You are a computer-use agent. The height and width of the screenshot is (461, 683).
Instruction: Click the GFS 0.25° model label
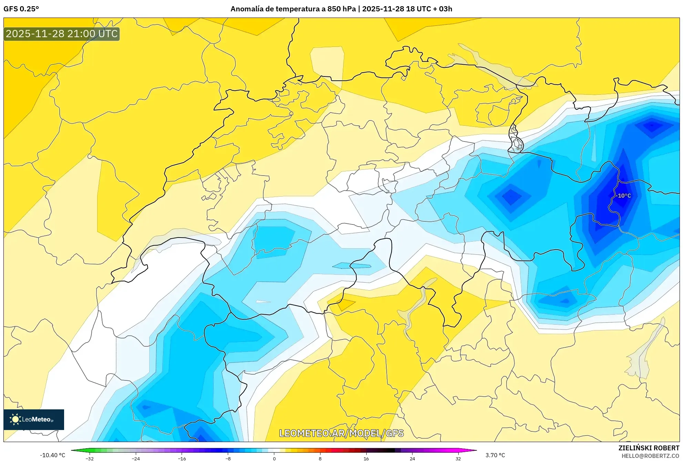pyautogui.click(x=21, y=9)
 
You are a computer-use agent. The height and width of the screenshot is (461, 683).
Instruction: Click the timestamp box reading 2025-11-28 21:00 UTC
pyautogui.click(x=62, y=34)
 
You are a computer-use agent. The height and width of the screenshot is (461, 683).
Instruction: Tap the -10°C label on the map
pyautogui.click(x=624, y=196)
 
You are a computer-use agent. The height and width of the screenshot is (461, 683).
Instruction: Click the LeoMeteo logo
pyautogui.click(x=34, y=419)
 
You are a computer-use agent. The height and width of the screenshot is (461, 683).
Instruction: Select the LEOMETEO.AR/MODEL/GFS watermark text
pyautogui.click(x=341, y=433)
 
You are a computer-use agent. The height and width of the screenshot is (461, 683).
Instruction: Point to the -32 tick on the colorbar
pyautogui.click(x=90, y=458)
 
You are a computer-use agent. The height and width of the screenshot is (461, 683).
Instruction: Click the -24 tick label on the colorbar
pyautogui.click(x=136, y=458)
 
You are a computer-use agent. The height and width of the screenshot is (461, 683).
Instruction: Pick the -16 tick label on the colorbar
pyautogui.click(x=182, y=458)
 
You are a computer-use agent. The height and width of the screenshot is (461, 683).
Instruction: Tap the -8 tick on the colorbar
pyautogui.click(x=228, y=458)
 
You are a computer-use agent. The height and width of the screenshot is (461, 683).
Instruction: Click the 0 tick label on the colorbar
pyautogui.click(x=274, y=458)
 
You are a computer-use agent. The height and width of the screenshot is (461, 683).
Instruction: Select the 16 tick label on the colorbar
pyautogui.click(x=366, y=458)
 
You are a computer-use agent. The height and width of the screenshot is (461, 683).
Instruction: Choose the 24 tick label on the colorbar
pyautogui.click(x=412, y=458)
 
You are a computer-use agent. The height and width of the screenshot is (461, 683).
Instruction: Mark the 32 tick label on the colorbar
pyautogui.click(x=458, y=458)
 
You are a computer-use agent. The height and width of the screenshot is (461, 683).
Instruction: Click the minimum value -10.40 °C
pyautogui.click(x=52, y=455)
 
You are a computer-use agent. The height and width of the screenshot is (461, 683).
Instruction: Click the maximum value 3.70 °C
pyautogui.click(x=495, y=455)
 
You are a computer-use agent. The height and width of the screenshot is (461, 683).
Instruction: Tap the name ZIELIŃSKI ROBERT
pyautogui.click(x=649, y=448)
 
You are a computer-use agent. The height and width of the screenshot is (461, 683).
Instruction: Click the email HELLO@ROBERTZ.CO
pyautogui.click(x=650, y=456)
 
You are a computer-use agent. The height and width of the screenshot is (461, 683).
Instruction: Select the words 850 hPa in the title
pyautogui.click(x=341, y=9)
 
